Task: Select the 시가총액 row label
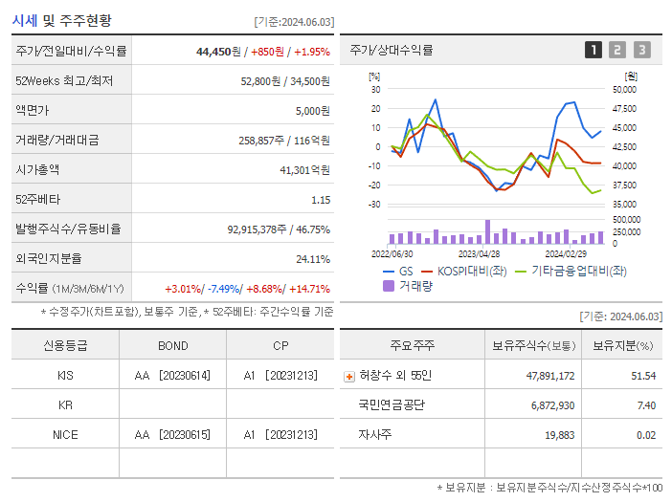[x=37, y=170]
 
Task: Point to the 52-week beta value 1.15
[x=320, y=200]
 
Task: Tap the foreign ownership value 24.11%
[x=313, y=259]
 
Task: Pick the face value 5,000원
[x=312, y=111]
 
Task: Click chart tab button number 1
[x=594, y=50]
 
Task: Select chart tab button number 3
[x=641, y=50]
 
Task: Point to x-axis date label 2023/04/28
[x=479, y=254]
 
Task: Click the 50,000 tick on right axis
[x=624, y=89]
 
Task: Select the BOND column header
[x=172, y=346]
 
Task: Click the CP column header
[x=280, y=346]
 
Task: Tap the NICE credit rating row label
[x=65, y=435]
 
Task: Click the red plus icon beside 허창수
[x=348, y=377]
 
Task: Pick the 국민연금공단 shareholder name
[x=392, y=405]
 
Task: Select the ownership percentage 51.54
[x=643, y=377]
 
